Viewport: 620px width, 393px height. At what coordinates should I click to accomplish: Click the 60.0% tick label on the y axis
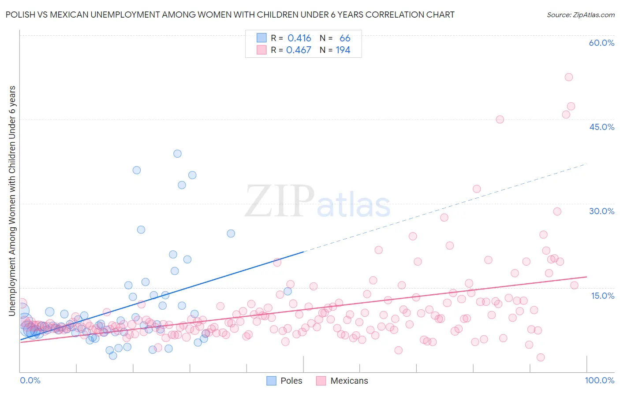601,43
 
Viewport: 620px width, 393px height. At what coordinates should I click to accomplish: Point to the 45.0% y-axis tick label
601,127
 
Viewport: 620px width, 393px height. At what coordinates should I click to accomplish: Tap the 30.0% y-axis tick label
601,211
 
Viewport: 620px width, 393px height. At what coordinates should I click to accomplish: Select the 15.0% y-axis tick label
602,296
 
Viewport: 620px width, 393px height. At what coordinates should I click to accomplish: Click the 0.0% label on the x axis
30,380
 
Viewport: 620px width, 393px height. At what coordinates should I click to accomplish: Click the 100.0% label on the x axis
599,380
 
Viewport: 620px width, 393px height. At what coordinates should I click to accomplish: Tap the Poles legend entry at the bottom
291,381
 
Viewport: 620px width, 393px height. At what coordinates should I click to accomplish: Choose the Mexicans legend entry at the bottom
349,381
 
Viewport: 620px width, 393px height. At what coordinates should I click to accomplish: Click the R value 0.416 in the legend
299,38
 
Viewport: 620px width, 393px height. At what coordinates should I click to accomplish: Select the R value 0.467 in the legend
299,50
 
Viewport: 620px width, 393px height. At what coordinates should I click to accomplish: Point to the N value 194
343,50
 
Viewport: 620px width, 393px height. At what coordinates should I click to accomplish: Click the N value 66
345,38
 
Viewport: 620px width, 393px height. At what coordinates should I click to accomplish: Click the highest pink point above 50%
569,77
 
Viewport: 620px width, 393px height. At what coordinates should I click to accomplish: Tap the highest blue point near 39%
177,154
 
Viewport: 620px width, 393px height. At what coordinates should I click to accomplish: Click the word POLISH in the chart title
19,15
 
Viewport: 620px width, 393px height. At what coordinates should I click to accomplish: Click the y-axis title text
12,201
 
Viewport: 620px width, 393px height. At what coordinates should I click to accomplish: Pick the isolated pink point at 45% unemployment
500,119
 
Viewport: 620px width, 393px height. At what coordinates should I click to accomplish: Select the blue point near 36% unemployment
137,170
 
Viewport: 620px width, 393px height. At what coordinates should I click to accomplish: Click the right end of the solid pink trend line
586,277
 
